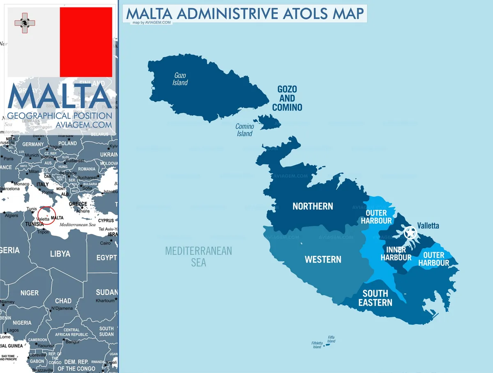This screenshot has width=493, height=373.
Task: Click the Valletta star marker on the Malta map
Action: (x=410, y=233)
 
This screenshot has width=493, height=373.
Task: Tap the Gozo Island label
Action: (x=180, y=79)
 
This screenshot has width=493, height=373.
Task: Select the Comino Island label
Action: (x=244, y=130)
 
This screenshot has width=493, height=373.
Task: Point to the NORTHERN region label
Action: (x=313, y=206)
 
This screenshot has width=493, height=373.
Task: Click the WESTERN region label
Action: (x=323, y=259)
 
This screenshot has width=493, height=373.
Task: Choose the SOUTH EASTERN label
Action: (x=375, y=298)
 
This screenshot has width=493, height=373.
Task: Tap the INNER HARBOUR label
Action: (x=396, y=254)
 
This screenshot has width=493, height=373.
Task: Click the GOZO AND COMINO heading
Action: (x=287, y=98)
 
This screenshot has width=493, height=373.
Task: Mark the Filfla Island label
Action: (x=331, y=339)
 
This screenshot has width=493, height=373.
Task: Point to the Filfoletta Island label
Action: (x=317, y=345)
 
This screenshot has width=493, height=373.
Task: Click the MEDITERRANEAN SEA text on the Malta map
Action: (x=198, y=256)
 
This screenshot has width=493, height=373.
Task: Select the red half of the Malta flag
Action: (x=86, y=42)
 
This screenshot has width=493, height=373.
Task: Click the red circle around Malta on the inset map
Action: (x=46, y=215)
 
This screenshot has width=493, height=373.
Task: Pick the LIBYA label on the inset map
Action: (x=60, y=254)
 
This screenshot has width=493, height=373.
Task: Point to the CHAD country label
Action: (x=63, y=301)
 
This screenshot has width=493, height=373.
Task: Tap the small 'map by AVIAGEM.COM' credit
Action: (x=152, y=23)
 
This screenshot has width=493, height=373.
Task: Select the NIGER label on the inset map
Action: (x=30, y=293)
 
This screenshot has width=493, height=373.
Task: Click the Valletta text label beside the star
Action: (x=428, y=226)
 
